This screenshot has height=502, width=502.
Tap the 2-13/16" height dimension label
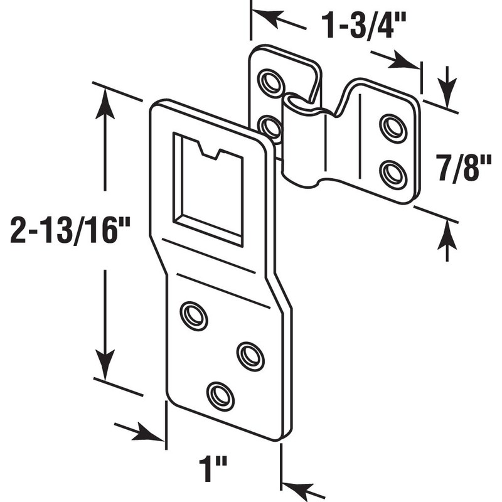pyautogui.click(x=70, y=231)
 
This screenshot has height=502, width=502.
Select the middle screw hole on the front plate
pyautogui.click(x=250, y=356)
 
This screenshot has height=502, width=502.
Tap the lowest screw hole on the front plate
pyautogui.click(x=220, y=395)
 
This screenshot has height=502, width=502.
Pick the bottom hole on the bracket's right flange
pyautogui.click(x=393, y=173)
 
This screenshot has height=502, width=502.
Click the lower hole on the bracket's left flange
pyautogui.click(x=270, y=127)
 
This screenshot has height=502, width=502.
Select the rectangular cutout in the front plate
pyautogui.click(x=208, y=188)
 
